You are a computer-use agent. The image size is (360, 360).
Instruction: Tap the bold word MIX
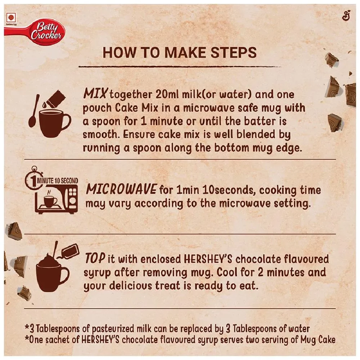click(95, 94)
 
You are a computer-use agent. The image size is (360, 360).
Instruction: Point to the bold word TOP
click(95, 258)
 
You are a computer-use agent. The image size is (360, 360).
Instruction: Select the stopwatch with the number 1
click(34, 179)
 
